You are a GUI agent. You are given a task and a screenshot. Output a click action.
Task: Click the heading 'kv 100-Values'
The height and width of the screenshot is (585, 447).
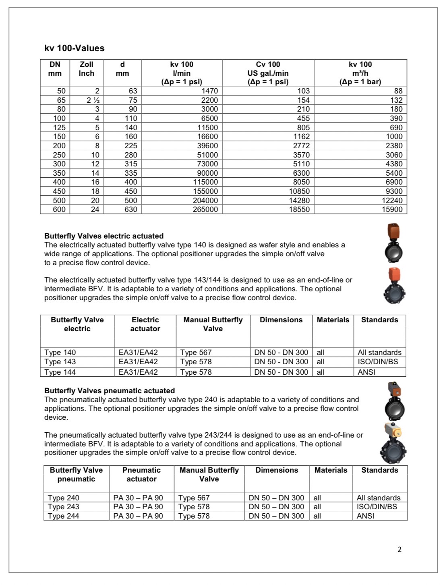[74, 48]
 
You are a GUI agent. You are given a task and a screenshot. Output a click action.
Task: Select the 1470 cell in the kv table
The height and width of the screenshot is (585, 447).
[209, 91]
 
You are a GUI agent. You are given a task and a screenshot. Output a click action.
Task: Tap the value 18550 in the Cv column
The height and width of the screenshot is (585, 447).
[299, 210]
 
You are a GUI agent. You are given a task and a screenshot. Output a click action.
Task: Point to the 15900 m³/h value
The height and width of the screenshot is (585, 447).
[392, 210]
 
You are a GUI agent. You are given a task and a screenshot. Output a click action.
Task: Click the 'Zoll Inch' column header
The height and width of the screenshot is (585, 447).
[86, 69]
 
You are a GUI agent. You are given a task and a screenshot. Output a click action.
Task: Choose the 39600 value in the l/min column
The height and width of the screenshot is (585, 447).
[207, 146]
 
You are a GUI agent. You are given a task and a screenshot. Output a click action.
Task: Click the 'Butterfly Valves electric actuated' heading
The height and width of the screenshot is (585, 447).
[104, 236]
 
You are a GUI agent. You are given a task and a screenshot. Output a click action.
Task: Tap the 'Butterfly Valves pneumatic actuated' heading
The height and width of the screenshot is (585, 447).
[110, 391]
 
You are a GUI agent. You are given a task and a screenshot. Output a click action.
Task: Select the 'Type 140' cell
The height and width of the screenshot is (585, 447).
[60, 353]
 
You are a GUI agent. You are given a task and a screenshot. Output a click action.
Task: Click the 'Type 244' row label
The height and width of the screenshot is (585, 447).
[63, 516]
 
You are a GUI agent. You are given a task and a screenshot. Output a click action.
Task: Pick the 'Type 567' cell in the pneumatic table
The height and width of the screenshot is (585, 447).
[194, 498]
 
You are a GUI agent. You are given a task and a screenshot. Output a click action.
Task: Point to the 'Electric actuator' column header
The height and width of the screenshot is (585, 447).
[145, 324]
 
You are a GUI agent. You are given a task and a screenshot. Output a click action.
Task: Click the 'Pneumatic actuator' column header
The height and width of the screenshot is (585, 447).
[141, 475]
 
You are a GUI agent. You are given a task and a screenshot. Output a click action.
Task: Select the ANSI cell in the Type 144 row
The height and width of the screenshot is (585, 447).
[366, 372]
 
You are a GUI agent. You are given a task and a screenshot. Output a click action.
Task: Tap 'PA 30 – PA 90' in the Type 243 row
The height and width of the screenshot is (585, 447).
[138, 507]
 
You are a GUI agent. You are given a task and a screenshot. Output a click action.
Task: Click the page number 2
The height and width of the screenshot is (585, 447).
[399, 550]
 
